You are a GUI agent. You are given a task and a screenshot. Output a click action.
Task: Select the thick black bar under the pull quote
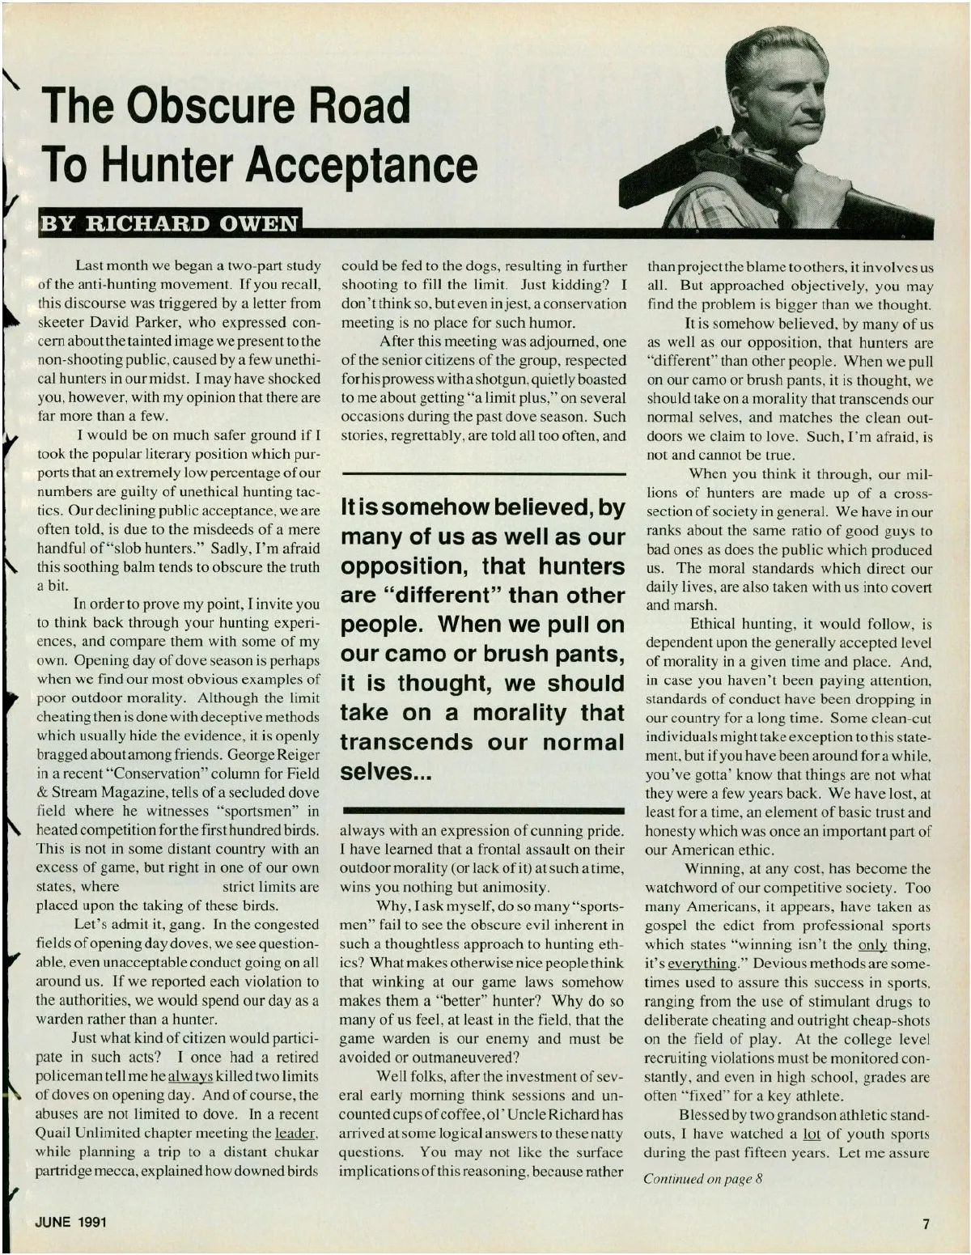pyautogui.click(x=483, y=809)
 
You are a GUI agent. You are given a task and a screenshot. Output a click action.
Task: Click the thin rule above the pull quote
pyautogui.click(x=483, y=473)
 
